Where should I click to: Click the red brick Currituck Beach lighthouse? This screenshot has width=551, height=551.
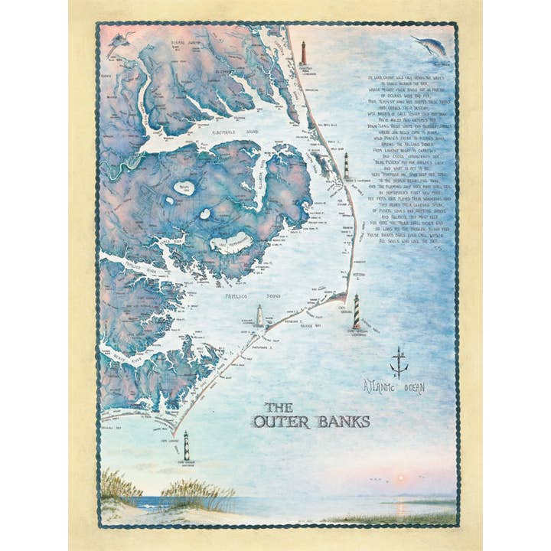[x=303, y=54]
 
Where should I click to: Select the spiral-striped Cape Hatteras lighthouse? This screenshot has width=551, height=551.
[x=356, y=311]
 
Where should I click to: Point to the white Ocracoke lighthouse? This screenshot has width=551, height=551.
[x=259, y=315]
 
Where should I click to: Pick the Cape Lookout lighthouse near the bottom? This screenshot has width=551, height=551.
[x=186, y=445]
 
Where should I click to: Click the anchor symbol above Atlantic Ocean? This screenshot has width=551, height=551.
[x=398, y=362]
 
